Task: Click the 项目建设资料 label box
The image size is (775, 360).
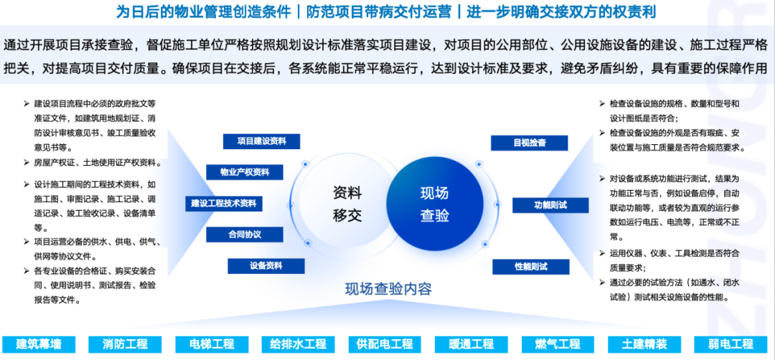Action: pos(261,141)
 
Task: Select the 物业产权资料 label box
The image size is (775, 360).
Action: pos(245,172)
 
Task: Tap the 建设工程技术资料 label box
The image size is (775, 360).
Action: pos(224,204)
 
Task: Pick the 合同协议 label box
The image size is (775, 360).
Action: pos(245,235)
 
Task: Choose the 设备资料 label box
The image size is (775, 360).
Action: pos(266,265)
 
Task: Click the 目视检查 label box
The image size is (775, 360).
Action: pos(530,143)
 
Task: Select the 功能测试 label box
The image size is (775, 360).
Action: pos(550,205)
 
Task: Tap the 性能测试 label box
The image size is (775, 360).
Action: pos(531,267)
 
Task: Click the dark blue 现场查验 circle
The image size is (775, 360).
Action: pos(434,204)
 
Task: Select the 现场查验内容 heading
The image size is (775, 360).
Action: pos(388,288)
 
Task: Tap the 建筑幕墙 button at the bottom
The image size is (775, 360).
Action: pos(39,344)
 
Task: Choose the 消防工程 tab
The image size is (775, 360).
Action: pos(126,344)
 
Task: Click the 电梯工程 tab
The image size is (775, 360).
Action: pos(212,344)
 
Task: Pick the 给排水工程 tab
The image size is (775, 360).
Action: pos(299,344)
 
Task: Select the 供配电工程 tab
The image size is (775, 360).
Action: pos(385,344)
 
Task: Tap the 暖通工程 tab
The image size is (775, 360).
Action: pos(471,344)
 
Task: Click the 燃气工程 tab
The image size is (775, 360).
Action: pos(558,344)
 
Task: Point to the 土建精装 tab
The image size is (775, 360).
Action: pos(644,344)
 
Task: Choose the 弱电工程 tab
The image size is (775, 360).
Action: pos(731,344)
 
